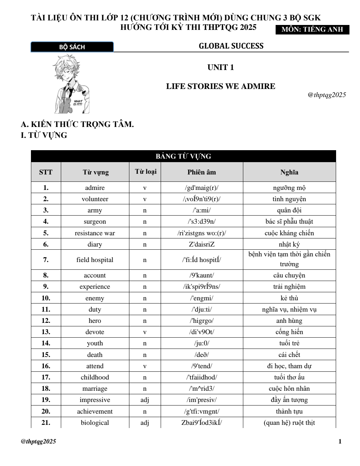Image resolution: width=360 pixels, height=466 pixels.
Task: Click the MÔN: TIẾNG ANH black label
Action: (312, 30)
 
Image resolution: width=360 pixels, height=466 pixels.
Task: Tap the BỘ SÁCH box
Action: (72, 47)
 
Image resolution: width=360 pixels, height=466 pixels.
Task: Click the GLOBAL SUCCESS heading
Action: (231, 46)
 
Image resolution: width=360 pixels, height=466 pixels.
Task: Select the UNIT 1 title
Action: (220, 68)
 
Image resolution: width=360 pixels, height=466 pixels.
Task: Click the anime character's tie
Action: (71, 92)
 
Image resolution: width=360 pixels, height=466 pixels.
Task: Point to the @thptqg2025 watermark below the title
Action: (327, 95)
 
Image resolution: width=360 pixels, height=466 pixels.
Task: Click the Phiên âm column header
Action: (201, 172)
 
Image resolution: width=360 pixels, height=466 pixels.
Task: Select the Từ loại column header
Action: (146, 172)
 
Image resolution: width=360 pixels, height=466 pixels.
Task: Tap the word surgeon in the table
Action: (95, 222)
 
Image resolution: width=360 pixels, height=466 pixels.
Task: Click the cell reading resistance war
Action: (95, 233)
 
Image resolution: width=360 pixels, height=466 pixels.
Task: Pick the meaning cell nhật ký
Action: (289, 244)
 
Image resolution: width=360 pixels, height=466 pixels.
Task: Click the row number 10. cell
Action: (46, 298)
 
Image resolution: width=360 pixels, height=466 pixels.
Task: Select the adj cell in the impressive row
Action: (144, 400)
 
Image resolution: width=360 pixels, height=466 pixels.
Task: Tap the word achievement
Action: (95, 411)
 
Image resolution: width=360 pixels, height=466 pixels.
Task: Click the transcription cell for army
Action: (201, 210)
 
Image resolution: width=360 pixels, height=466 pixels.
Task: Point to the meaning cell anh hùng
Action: (289, 321)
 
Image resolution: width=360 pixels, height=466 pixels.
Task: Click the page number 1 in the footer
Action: (340, 442)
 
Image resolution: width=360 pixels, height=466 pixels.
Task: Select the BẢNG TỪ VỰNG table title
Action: (183, 157)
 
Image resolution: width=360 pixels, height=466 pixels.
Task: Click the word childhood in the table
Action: (95, 377)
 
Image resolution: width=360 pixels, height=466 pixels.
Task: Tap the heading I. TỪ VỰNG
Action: (44, 135)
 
